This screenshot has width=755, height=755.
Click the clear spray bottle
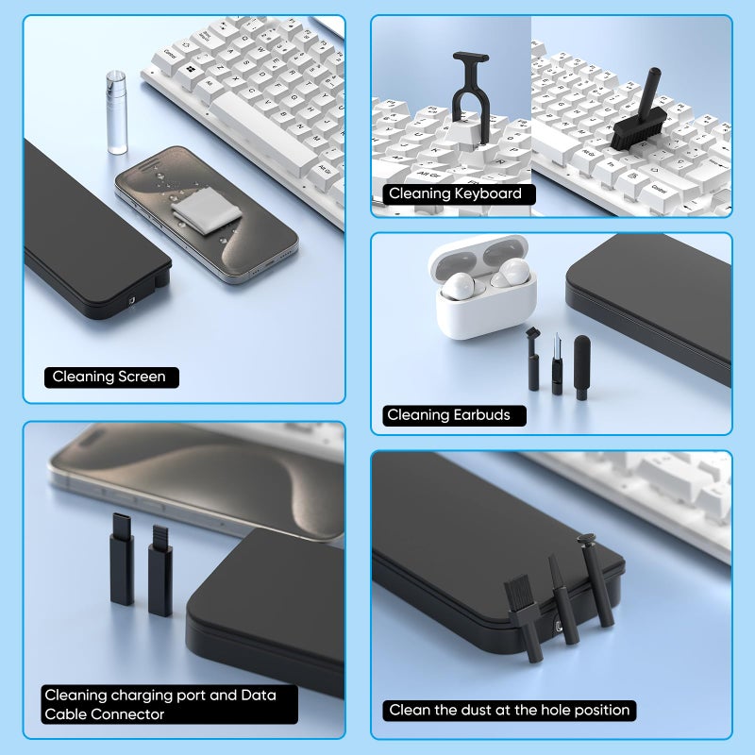pyautogui.click(x=116, y=112)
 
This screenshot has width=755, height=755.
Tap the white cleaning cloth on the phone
pyautogui.click(x=206, y=210)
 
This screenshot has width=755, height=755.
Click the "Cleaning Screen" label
pyautogui.click(x=111, y=377)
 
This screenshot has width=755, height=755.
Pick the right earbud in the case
pyautogui.click(x=512, y=273)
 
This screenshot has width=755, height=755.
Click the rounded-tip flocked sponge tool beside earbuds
pyautogui.click(x=581, y=367)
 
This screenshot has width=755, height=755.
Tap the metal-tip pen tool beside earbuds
pyautogui.click(x=557, y=364)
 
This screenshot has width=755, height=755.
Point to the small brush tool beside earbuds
pyautogui.click(x=532, y=359)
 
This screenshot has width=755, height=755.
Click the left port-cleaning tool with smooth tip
pyautogui.click(x=122, y=559)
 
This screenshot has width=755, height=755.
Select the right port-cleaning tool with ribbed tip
pyautogui.click(x=159, y=571)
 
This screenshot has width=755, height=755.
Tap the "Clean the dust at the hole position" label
pyautogui.click(x=510, y=711)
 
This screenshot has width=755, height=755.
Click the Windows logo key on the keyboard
pyautogui.click(x=192, y=71)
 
